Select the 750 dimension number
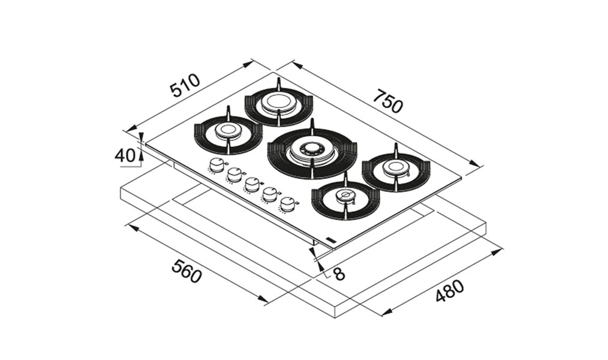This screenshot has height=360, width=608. (388, 101)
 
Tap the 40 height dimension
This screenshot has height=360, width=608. (125, 155)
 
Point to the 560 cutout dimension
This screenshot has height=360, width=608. (188, 271)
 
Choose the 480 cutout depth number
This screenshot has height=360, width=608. (449, 290)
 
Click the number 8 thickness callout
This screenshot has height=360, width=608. (339, 274)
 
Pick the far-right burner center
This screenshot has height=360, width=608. (395, 167)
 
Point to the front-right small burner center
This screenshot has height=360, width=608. (345, 196)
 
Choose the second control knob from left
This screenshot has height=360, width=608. (234, 175)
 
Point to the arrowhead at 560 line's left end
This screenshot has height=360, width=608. (133, 228)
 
